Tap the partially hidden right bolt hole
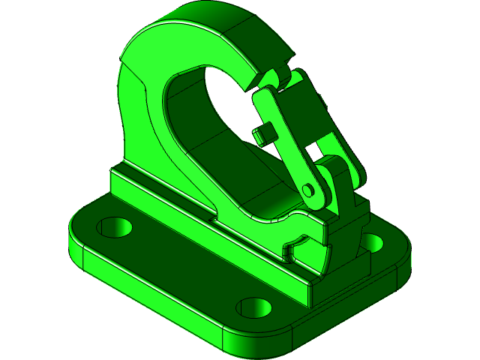pos(373,241)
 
